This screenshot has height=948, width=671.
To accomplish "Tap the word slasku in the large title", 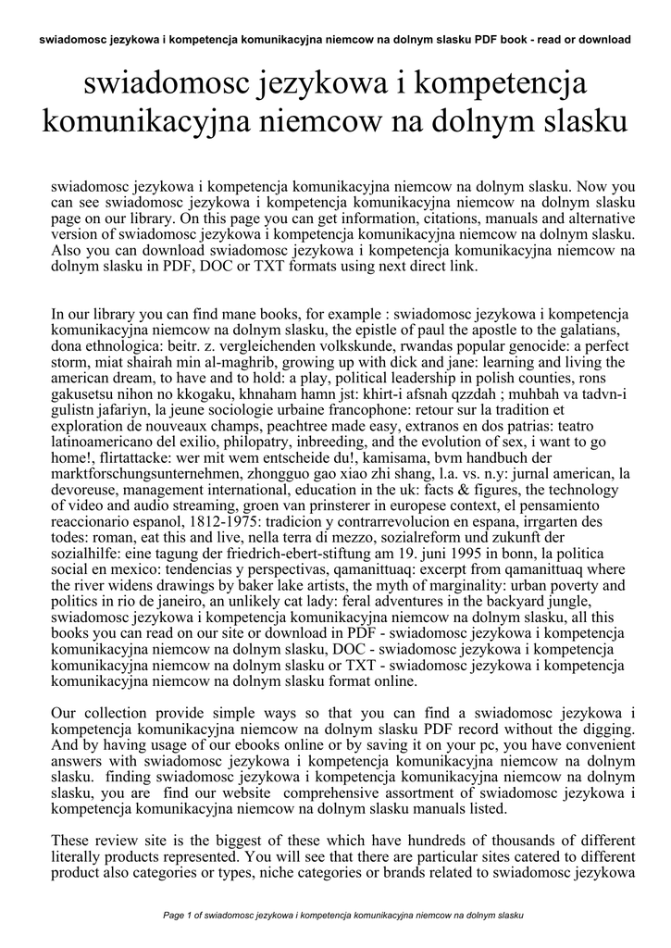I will click(x=577, y=121).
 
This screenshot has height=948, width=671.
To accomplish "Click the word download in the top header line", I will click(x=601, y=40).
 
